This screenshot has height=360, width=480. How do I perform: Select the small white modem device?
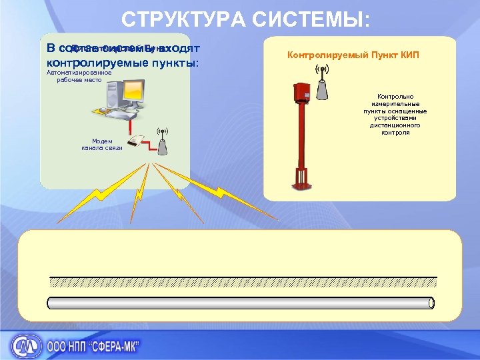[137, 141]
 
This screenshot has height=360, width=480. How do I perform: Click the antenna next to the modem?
[161, 139]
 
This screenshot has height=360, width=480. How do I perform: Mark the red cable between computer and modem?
[133, 128]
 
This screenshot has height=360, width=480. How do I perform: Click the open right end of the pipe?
[431, 303]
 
